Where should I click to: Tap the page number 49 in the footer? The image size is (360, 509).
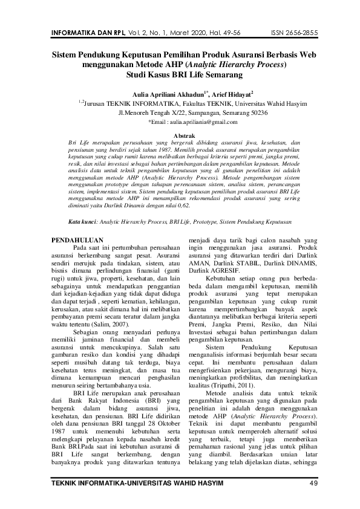313,482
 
